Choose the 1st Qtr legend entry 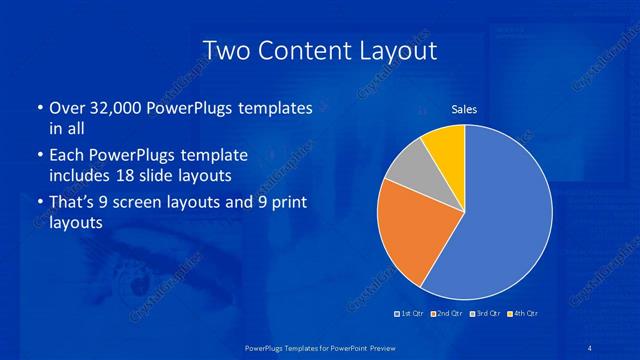pyautogui.click(x=411, y=313)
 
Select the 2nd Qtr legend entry pyautogui.click(x=449, y=313)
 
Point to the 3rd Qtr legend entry pyautogui.click(x=486, y=313)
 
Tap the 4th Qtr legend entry pyautogui.click(x=523, y=313)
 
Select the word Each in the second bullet pyautogui.click(x=67, y=156)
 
